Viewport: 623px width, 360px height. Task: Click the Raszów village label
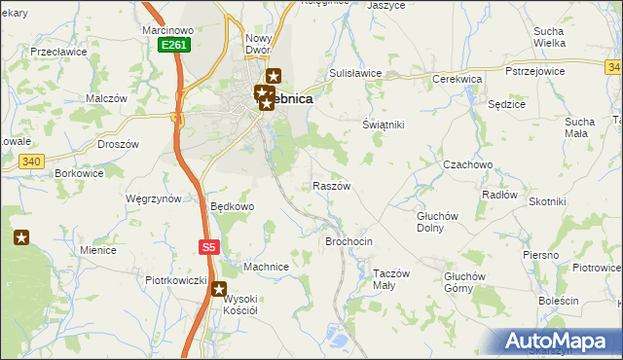pos(331,185)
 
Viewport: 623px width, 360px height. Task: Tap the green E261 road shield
pos(174,45)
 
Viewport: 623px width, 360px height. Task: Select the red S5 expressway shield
pos(208,247)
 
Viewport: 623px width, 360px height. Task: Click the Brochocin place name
pos(348,240)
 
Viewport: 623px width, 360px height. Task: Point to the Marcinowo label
pos(168,30)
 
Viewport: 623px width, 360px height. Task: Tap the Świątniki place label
pos(383,126)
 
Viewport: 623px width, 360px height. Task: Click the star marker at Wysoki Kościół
pos(220,289)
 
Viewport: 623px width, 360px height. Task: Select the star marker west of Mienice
pos(21,236)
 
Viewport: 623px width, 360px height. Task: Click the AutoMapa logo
pos(563,342)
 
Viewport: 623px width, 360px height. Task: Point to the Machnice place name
pos(266,267)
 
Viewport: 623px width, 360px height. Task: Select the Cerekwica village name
pos(458,79)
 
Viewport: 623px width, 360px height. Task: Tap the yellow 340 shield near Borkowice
pos(30,162)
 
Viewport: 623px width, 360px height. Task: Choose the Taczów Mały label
pos(397,279)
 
